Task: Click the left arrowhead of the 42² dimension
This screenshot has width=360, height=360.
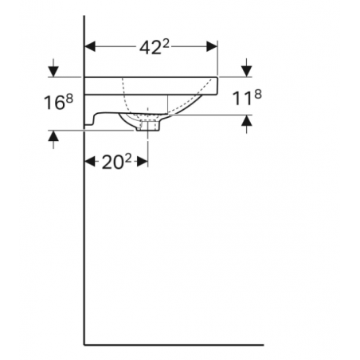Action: (90, 46)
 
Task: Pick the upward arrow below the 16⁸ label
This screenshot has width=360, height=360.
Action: (53, 139)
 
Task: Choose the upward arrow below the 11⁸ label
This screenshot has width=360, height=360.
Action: (246, 123)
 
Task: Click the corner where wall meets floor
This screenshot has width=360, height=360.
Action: (84, 346)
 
